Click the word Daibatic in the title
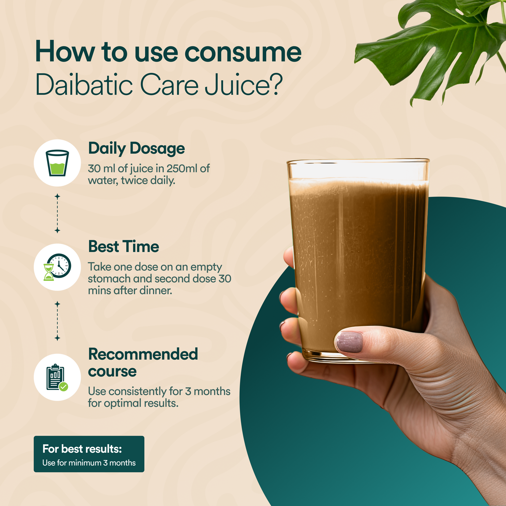click(x=84, y=84)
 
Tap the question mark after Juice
click(x=275, y=84)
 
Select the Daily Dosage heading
click(x=137, y=148)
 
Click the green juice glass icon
click(x=57, y=163)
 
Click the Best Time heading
click(x=124, y=246)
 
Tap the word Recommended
click(x=143, y=354)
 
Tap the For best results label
click(x=82, y=449)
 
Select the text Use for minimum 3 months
click(x=89, y=463)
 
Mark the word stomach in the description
click(x=109, y=279)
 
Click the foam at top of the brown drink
click(x=358, y=186)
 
